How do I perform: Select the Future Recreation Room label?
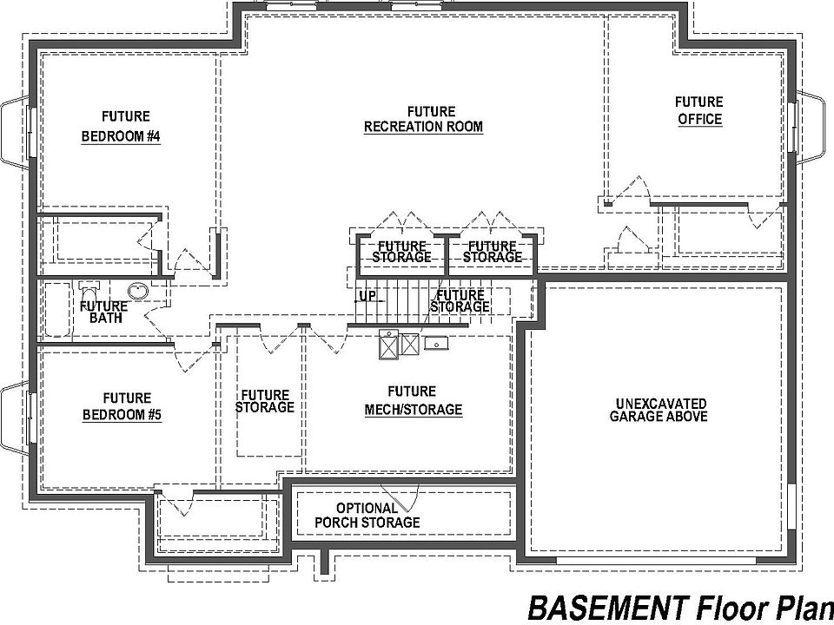423,120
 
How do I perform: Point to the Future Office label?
699,110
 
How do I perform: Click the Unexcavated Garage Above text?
659,411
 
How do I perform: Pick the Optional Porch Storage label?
367,516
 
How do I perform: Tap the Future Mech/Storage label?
414,401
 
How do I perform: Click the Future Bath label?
105,312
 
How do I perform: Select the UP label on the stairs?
367,296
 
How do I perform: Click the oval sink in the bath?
138,291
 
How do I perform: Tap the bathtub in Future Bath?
57,309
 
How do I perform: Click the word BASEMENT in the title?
607,608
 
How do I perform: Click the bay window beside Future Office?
811,127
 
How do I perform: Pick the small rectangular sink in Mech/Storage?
436,344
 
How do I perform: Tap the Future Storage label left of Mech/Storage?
265,401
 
